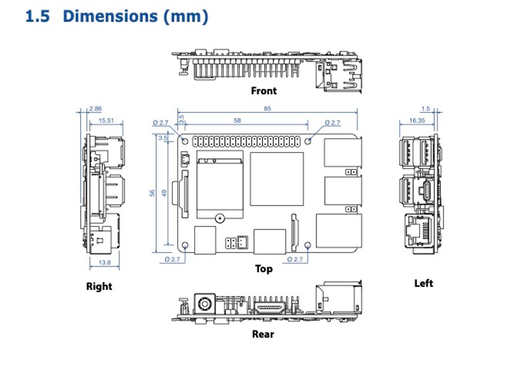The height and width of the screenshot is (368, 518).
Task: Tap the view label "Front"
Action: pos(264,90)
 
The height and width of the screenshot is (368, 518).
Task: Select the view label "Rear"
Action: pos(263,334)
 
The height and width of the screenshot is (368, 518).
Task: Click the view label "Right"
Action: pos(99,286)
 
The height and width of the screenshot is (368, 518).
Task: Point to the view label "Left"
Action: pos(423,283)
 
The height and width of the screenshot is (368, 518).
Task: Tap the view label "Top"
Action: pos(264,269)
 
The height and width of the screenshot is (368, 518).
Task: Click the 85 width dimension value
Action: pos(267,109)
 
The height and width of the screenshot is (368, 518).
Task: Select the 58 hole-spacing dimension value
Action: pos(237,121)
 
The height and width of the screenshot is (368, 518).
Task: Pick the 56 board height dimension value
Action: pos(152,193)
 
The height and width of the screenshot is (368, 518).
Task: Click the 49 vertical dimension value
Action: pos(164,193)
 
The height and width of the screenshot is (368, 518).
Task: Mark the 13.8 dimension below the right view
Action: pos(105,263)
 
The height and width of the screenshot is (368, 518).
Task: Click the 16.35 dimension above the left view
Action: pos(416,121)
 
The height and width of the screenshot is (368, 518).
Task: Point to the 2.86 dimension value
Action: pos(96,109)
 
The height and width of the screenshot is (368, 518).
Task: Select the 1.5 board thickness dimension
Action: pos(425,109)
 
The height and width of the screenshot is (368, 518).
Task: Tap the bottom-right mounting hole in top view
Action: pos(308,245)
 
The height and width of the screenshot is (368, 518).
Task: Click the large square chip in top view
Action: pos(277,179)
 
